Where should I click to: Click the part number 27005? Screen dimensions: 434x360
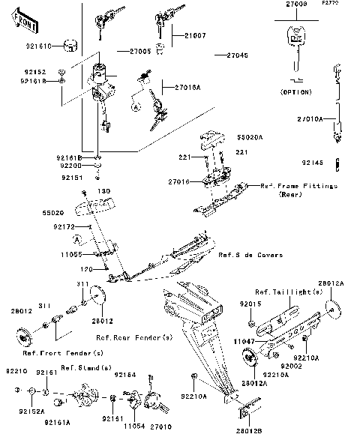click(140, 51)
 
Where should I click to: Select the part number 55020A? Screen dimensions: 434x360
click(250, 138)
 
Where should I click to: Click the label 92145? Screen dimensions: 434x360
click(312, 162)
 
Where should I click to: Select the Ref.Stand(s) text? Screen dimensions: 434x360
click(85, 367)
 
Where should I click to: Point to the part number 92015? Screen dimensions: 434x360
click(249, 304)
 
